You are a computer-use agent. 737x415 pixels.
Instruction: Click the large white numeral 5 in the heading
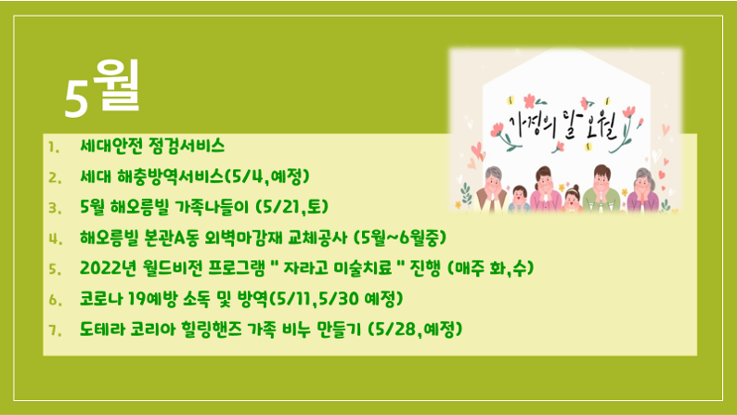tap(76, 97)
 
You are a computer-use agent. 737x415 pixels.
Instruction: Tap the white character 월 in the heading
tap(116, 85)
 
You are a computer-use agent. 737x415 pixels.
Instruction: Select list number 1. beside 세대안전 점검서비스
tap(54, 148)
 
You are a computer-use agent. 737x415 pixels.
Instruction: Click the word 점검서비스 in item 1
tap(187, 146)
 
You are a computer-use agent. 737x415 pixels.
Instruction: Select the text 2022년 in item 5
tap(108, 268)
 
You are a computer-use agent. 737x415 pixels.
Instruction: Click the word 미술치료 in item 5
tap(362, 268)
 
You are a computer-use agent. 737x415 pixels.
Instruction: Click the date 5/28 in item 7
tap(395, 329)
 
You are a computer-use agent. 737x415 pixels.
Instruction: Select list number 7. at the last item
tap(55, 331)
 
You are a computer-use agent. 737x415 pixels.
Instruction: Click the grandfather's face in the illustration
tap(494, 178)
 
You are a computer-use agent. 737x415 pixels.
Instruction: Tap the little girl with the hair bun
tap(572, 199)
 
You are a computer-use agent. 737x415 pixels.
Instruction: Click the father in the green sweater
tap(601, 188)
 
